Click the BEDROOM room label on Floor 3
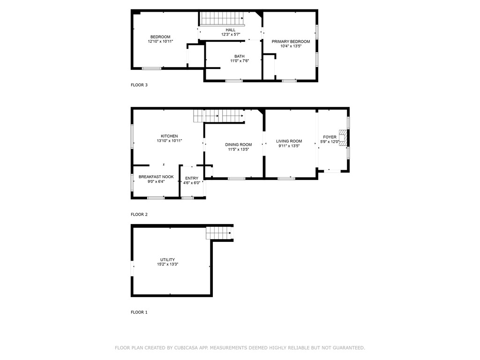point(160,37)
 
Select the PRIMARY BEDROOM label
point(291,41)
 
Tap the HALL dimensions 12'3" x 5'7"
point(231,35)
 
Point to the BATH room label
point(240,56)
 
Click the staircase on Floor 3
point(223,19)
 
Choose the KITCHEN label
point(169,136)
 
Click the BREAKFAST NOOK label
point(156,177)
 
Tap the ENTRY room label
point(192,178)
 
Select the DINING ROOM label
point(239,144)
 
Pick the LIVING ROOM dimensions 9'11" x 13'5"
point(288,146)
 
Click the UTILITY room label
point(167,260)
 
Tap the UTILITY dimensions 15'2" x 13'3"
point(167,264)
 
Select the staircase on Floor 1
point(219,232)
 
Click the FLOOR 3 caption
point(139,85)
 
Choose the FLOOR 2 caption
point(139,214)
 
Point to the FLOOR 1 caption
point(139,312)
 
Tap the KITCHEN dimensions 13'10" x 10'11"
point(169,141)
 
